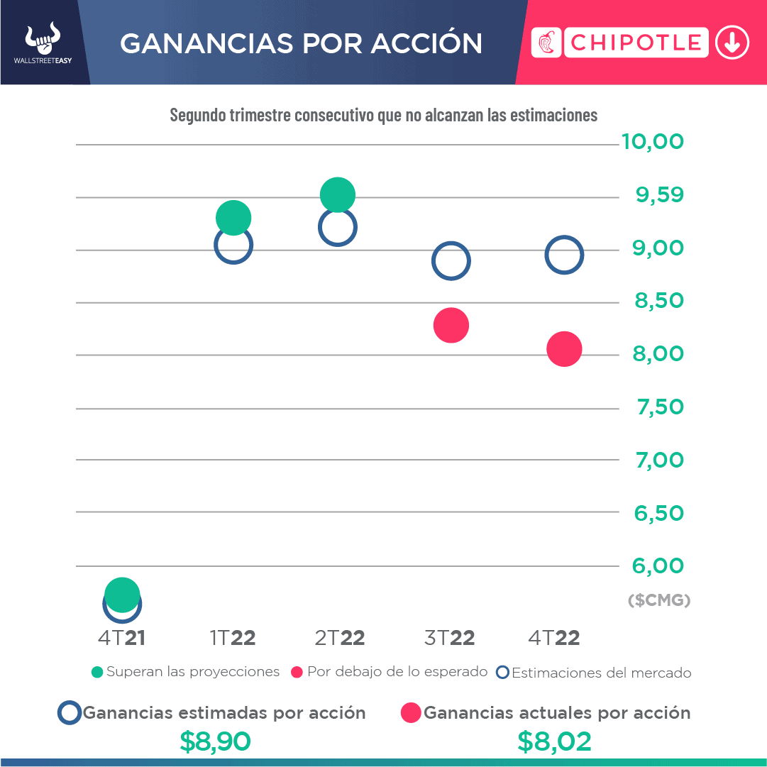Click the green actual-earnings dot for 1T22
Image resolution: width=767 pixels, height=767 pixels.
click(x=233, y=218)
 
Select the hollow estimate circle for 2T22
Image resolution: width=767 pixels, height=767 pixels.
click(x=338, y=228)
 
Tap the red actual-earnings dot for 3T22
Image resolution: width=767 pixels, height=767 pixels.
click(x=451, y=326)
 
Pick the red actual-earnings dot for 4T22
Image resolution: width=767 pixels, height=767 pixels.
click(x=564, y=349)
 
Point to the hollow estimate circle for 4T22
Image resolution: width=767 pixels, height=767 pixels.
click(x=564, y=255)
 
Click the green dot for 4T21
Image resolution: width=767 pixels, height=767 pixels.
click(x=122, y=594)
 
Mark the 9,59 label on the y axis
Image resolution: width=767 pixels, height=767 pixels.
click(x=660, y=194)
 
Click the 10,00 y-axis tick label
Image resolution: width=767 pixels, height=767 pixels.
click(x=653, y=142)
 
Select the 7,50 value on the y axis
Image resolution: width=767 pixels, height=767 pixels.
click(x=658, y=407)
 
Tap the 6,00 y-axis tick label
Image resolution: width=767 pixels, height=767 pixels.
click(x=658, y=566)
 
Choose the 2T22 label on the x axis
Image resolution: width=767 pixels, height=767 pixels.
click(x=340, y=638)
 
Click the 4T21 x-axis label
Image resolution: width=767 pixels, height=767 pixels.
click(x=121, y=638)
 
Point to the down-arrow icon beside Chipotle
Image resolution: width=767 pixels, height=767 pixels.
click(x=732, y=43)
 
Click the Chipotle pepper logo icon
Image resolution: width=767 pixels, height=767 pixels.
click(x=546, y=43)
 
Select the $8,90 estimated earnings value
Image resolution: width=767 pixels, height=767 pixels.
click(x=216, y=741)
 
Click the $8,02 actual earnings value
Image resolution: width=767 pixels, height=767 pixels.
click(x=554, y=741)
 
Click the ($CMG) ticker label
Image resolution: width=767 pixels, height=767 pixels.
click(x=659, y=600)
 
